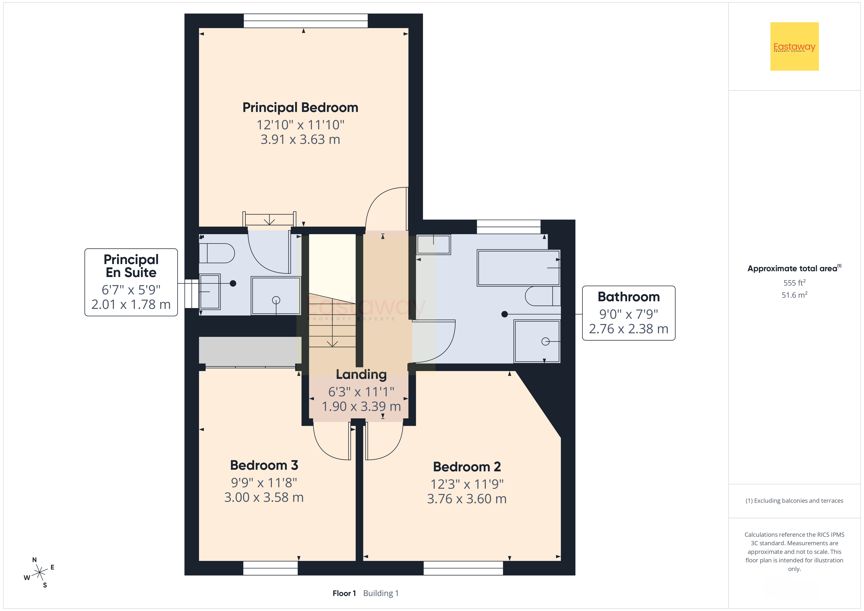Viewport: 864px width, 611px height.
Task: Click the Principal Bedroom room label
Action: [300, 108]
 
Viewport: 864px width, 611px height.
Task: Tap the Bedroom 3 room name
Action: [264, 465]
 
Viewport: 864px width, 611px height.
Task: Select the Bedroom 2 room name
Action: [467, 467]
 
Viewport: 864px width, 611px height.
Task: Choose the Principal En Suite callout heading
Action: [131, 266]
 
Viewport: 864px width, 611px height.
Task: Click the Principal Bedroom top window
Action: [306, 21]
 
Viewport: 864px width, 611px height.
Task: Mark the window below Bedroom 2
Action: [463, 568]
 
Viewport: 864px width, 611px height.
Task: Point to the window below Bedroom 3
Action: [271, 568]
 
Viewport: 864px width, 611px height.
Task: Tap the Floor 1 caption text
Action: [344, 593]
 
